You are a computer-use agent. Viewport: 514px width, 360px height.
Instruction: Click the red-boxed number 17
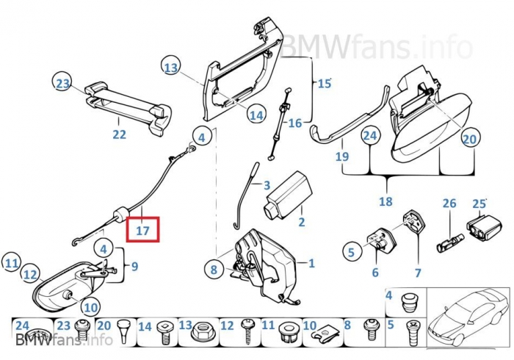[x=142, y=230]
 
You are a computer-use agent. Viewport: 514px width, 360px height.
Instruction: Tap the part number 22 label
[x=119, y=134]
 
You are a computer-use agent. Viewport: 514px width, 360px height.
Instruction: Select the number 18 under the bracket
[x=386, y=201]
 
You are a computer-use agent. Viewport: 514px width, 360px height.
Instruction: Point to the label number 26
[x=449, y=204]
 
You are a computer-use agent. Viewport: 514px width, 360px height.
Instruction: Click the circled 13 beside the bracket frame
[x=171, y=68]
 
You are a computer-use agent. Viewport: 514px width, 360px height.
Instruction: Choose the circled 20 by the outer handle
[x=469, y=138]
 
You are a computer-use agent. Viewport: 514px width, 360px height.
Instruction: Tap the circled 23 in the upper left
[x=62, y=84]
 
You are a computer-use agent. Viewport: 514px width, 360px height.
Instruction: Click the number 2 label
[x=301, y=221]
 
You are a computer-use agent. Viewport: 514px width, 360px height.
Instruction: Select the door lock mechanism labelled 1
[x=264, y=264]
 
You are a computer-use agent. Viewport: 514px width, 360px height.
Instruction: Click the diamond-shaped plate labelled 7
[x=413, y=222]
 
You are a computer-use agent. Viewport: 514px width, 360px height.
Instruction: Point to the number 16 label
[x=294, y=123]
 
